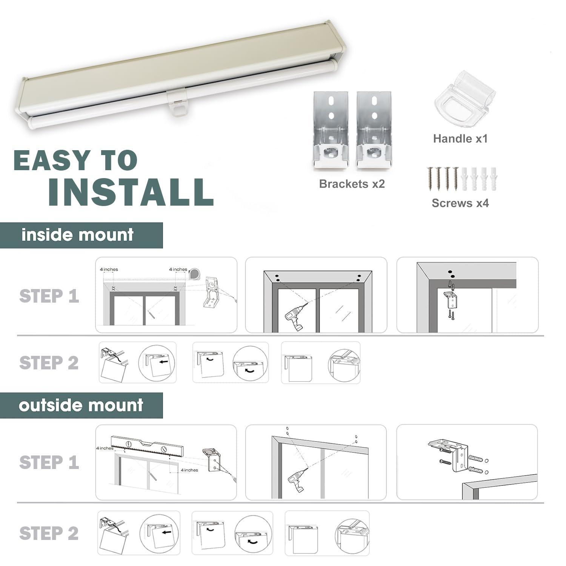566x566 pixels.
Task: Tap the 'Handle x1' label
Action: click(460, 138)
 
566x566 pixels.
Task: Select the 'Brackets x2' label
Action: click(352, 184)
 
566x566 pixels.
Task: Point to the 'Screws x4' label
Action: click(460, 203)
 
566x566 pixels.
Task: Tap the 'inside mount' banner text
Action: click(77, 235)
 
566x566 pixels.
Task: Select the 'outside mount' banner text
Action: click(81, 405)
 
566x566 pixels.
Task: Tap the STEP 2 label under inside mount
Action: click(49, 363)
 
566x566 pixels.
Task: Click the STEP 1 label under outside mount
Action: click(49, 463)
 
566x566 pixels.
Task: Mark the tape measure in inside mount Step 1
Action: click(195, 274)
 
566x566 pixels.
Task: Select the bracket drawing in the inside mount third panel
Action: click(451, 300)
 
